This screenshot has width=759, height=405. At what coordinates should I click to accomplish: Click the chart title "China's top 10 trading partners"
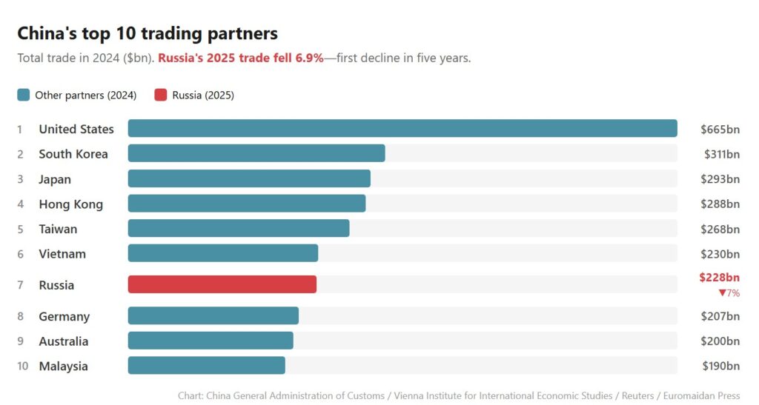[148, 33]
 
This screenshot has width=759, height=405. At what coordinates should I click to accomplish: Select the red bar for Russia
[222, 284]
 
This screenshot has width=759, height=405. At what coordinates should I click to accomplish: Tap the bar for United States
[402, 129]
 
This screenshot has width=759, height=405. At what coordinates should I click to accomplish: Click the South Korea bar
[256, 153]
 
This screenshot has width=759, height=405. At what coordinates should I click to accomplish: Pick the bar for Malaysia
[207, 366]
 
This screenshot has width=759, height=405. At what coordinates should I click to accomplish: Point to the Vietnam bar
[223, 253]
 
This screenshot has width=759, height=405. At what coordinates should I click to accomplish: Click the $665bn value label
[720, 130]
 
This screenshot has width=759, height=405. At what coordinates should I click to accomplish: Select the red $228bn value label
[719, 278]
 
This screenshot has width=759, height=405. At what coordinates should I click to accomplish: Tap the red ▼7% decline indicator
[729, 293]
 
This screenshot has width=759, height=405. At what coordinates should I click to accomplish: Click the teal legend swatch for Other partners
[24, 95]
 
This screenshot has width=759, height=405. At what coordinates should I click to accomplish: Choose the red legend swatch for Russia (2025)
[161, 95]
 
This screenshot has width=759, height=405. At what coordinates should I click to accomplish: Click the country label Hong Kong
[70, 204]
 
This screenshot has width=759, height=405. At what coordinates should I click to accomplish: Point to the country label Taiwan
[58, 229]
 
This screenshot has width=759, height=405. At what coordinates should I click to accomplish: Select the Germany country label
[64, 317]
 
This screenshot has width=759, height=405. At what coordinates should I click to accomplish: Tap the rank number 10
[21, 366]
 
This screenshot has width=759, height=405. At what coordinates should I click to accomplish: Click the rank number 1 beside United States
[20, 130]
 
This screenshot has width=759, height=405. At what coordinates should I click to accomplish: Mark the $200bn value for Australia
[720, 341]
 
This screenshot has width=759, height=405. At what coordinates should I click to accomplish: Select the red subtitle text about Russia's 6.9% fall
[241, 58]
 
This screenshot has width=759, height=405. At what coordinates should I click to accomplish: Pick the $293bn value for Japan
[720, 179]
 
